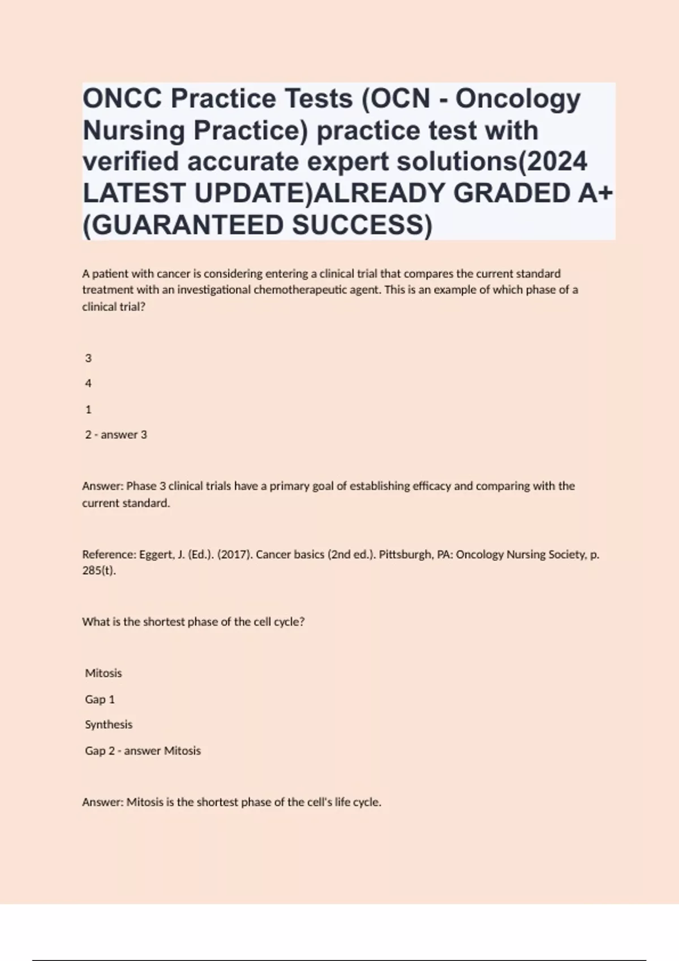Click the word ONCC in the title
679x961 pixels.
[123, 99]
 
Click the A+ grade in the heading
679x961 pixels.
[595, 193]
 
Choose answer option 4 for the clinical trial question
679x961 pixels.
[88, 383]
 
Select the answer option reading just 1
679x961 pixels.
[88, 409]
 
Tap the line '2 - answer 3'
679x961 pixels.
[116, 435]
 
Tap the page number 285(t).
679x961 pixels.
[99, 570]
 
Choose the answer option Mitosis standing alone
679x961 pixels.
[104, 673]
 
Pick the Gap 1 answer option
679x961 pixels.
[100, 699]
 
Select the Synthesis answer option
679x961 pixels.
[109, 725]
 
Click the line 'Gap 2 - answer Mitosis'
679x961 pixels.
[143, 751]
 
